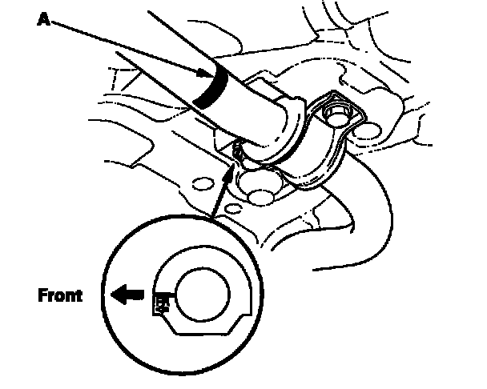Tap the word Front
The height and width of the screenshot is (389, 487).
tap(60, 295)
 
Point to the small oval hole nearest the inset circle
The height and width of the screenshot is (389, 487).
tap(232, 209)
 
